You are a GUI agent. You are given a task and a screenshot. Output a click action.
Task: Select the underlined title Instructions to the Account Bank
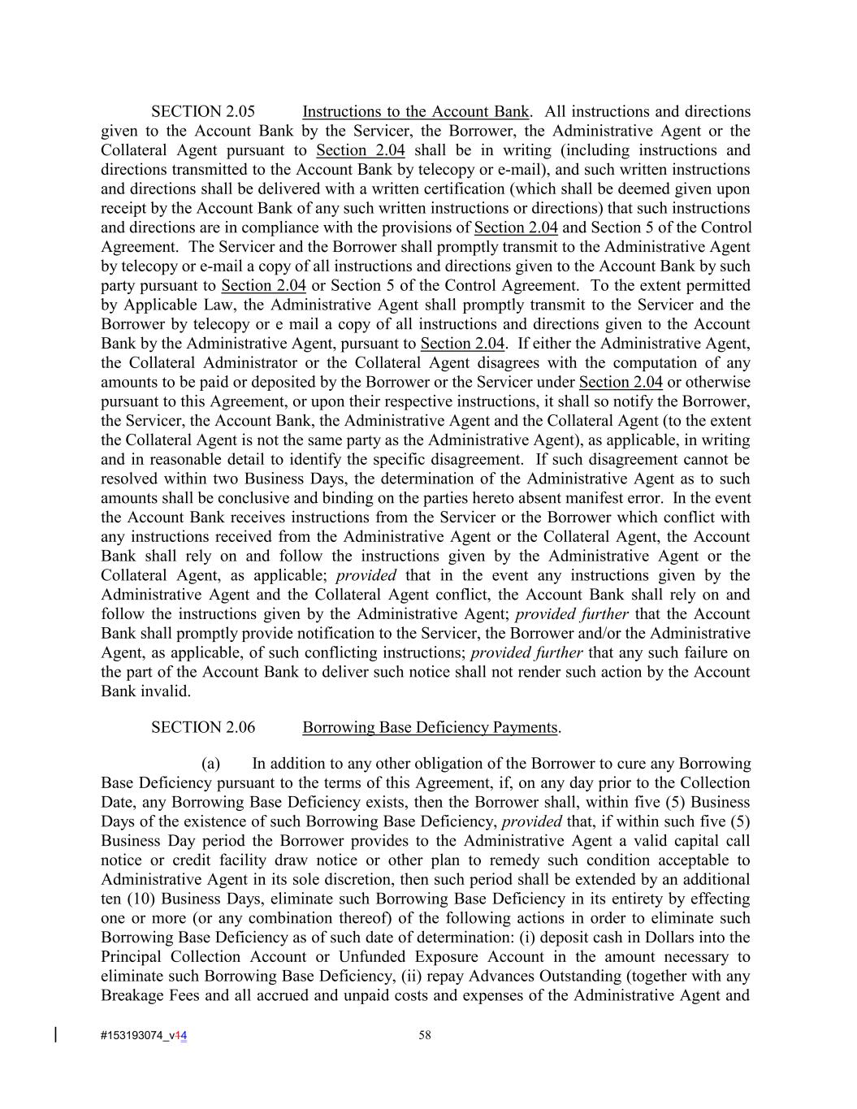(x=415, y=111)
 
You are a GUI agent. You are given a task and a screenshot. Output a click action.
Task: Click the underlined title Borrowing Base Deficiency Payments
(x=430, y=727)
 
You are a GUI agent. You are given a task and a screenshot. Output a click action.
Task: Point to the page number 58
(x=425, y=1035)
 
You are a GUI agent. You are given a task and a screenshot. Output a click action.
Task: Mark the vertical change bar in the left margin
(x=55, y=1034)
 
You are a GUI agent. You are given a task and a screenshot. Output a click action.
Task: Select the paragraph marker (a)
(x=211, y=764)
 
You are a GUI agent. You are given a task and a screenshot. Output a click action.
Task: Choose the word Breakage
(x=130, y=995)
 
